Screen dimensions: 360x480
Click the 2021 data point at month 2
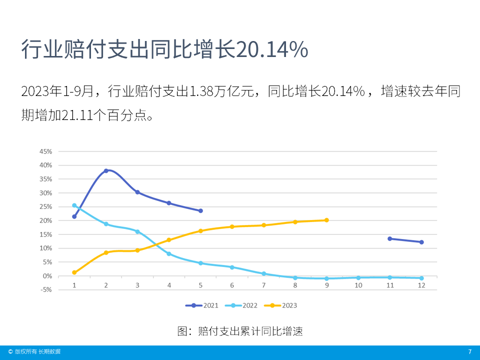pyautogui.click(x=106, y=171)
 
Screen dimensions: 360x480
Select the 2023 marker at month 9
pyautogui.click(x=326, y=220)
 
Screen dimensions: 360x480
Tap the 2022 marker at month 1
pyautogui.click(x=74, y=205)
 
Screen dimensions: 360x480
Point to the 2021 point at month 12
pyautogui.click(x=421, y=242)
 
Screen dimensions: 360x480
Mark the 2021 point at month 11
pyautogui.click(x=390, y=238)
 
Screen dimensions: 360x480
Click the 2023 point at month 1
pyautogui.click(x=74, y=272)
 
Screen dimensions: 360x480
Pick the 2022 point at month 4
pyautogui.click(x=169, y=254)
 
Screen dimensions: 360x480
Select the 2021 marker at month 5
pyautogui.click(x=200, y=211)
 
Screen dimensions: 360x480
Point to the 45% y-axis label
pyautogui.click(x=45, y=151)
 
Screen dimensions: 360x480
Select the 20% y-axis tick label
pyautogui.click(x=45, y=220)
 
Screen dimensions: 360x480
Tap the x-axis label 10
pyautogui.click(x=358, y=285)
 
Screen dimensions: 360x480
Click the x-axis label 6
pyautogui.click(x=232, y=285)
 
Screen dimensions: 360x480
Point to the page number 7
pyautogui.click(x=469, y=352)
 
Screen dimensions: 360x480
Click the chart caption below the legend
pyautogui.click(x=240, y=331)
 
